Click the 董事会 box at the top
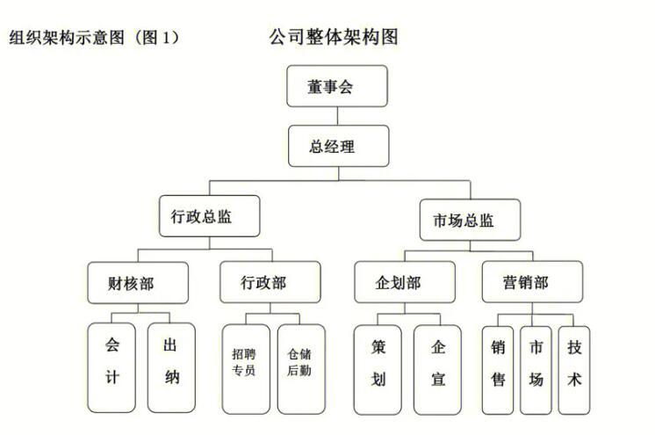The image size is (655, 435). coord(336,86)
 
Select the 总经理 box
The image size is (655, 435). coord(338,146)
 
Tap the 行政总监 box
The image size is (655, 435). coord(209,216)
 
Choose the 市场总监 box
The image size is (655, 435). coord(470,220)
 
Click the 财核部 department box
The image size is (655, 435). coord(138,283)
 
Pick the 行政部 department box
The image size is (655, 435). coord(270,282)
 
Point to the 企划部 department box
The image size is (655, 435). coord(405,282)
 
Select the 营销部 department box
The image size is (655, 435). coord(532,281)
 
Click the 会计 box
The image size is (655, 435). coord(112,367)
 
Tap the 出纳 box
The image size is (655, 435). coord(172,367)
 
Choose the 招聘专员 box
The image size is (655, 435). coord(246,369)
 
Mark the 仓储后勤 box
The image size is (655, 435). coord(301,369)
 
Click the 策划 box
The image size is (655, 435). coord(378,370)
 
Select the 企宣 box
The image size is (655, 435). coord(438,370)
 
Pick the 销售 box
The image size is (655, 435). coord(498,371)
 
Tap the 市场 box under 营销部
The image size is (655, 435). coord(536,371)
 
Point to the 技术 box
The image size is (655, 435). coord(574,371)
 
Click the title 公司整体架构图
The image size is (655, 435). coord(334,37)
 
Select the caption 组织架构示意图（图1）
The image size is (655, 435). coord(95,38)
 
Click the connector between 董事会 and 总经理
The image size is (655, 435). coord(337,116)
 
